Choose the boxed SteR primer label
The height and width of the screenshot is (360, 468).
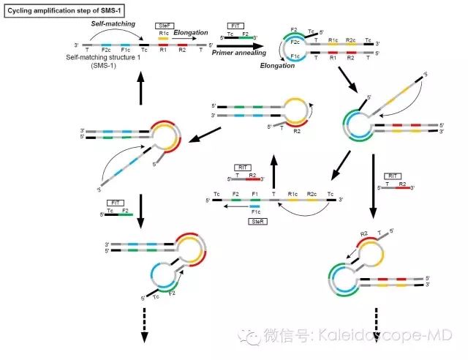click(x=254, y=220)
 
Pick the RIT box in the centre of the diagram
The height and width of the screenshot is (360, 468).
click(x=243, y=168)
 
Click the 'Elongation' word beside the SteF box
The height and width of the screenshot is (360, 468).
click(x=192, y=32)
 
